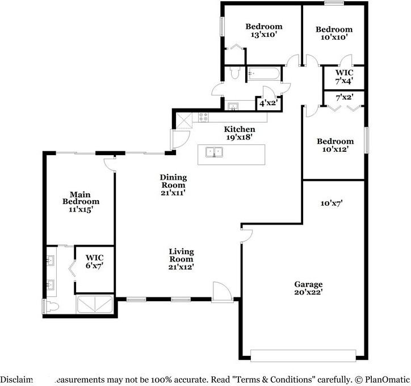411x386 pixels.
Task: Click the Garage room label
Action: [308, 284]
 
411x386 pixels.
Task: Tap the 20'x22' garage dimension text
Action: [308, 292]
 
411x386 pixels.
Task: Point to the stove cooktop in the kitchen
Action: [203, 117]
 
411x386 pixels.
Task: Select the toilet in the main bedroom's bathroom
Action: [50, 306]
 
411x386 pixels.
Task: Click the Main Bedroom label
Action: [81, 197]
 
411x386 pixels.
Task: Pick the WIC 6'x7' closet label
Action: [94, 261]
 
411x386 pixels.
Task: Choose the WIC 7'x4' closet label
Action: [344, 77]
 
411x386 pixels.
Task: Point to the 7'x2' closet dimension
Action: [344, 97]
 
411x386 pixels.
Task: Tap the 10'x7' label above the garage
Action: [331, 202]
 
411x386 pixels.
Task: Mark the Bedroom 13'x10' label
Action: [263, 30]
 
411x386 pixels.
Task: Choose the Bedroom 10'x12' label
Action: [335, 145]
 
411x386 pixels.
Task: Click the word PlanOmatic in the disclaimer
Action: [386, 379]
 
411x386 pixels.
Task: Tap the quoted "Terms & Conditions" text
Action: [271, 379]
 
